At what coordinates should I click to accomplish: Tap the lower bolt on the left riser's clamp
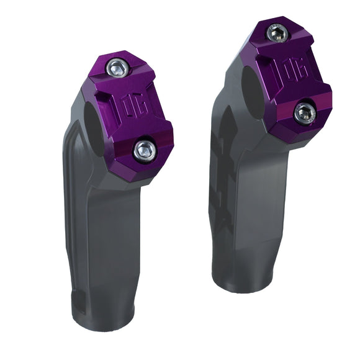click(x=144, y=148)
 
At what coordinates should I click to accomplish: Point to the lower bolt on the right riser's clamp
click(x=305, y=112)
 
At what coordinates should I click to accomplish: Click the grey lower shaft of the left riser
click(x=102, y=248)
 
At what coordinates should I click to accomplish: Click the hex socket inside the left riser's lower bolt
click(x=144, y=148)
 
